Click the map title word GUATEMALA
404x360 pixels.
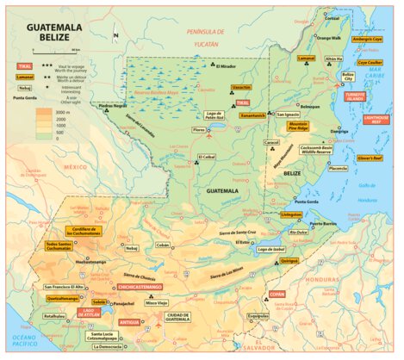click(54, 28)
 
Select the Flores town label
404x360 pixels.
click(199, 130)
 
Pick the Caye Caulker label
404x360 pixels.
click(370, 62)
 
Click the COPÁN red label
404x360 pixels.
click(277, 295)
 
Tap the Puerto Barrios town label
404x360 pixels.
click(323, 223)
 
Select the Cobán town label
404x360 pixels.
click(163, 245)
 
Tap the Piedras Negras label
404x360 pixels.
click(113, 106)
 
